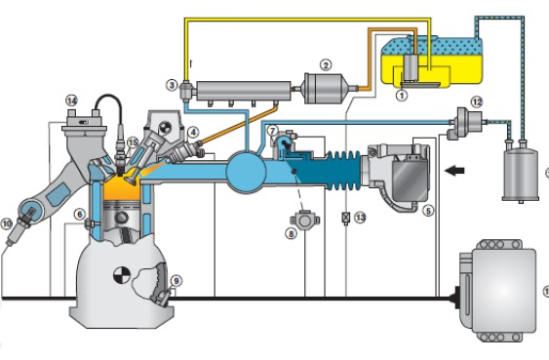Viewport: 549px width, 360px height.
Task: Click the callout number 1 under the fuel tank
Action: (402, 95)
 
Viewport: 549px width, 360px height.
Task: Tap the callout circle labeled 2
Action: (326, 65)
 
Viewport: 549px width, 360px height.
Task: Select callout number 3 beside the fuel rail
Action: (172, 85)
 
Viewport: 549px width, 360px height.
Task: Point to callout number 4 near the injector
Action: (193, 133)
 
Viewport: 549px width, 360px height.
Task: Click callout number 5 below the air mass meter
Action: (428, 211)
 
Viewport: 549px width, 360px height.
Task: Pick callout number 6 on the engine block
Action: (80, 214)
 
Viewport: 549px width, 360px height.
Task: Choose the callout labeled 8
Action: (291, 233)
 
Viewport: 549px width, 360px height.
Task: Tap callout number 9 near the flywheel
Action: (176, 281)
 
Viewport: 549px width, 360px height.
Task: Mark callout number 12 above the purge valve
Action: (477, 102)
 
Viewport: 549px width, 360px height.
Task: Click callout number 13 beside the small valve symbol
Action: (360, 218)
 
